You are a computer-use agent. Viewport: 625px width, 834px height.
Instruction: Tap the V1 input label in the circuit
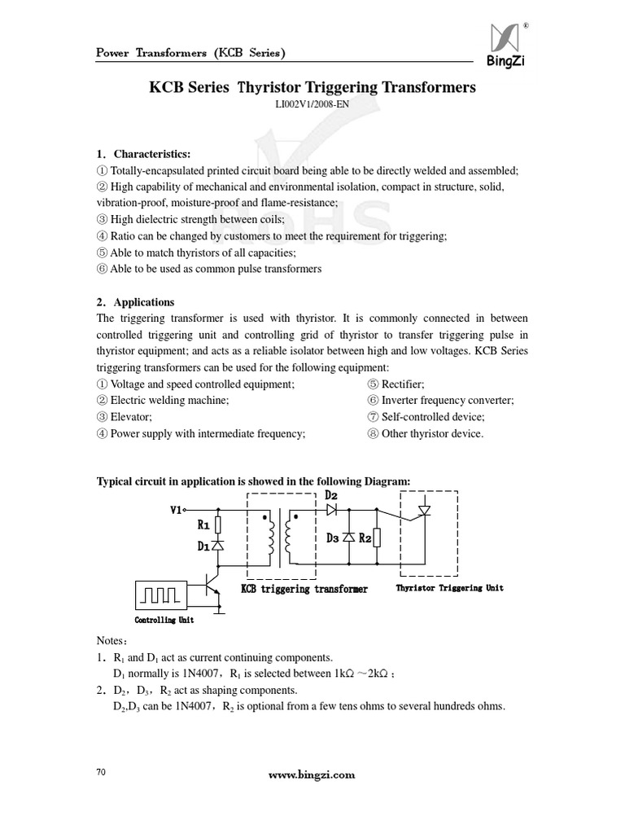point(177,511)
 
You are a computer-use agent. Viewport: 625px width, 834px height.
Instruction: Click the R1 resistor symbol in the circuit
point(218,525)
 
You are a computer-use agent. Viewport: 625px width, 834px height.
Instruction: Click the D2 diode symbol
point(331,510)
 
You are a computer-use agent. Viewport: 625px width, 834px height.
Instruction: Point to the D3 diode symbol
point(348,538)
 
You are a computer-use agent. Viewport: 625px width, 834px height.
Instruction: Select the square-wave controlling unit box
point(161,593)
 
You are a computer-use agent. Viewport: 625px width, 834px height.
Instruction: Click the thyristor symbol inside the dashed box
point(422,511)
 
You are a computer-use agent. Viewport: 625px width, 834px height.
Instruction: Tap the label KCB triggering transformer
point(304,589)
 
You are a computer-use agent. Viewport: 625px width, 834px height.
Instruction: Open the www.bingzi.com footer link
point(312,775)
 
